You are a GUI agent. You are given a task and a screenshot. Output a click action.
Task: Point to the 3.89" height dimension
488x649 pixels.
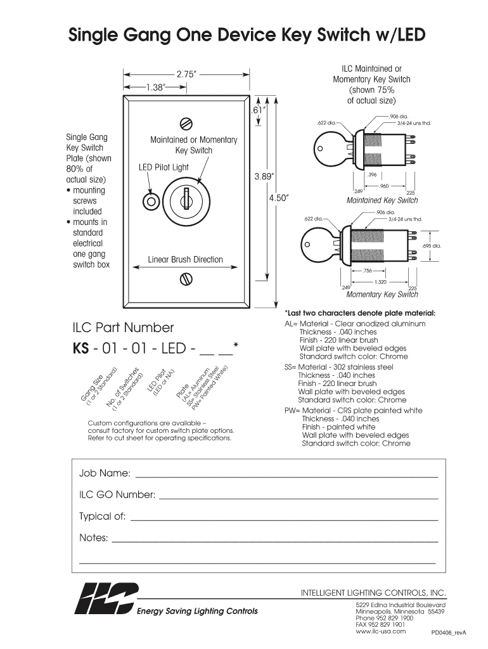pos(264,177)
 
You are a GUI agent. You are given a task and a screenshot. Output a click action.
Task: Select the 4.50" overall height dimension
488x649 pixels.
pos(279,198)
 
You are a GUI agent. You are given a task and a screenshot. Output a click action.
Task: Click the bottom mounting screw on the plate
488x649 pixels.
pos(186,278)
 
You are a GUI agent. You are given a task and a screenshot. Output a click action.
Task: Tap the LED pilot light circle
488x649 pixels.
pos(151,202)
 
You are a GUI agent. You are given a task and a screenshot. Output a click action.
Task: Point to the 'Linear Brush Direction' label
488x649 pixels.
pos(186,259)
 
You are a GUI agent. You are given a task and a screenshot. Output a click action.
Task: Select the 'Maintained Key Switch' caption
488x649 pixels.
pos(382,200)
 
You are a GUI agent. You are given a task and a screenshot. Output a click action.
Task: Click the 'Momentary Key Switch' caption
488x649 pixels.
pos(382,294)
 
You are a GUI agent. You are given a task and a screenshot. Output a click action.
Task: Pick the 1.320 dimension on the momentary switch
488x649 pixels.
pos(380,281)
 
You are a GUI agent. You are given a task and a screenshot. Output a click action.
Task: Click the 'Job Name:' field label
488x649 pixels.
pos(105,473)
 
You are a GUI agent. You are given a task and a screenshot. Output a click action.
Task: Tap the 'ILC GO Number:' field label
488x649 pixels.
pos(117,494)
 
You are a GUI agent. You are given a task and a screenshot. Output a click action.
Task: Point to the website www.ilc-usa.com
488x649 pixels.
pos(380,631)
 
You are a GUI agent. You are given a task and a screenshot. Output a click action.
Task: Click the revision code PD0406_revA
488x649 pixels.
pos(449,633)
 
